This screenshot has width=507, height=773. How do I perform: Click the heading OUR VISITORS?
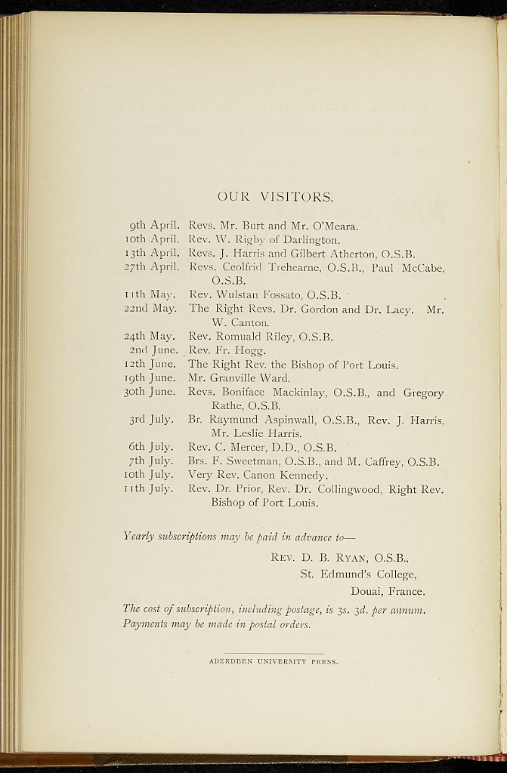[274, 198]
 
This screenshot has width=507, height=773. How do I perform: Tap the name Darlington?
[310, 239]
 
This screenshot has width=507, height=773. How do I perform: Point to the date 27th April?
[153, 266]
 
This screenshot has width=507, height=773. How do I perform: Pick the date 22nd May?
[150, 309]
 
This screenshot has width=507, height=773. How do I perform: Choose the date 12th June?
[150, 365]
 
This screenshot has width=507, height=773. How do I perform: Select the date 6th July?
[152, 447]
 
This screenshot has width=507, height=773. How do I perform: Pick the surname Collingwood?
[350, 489]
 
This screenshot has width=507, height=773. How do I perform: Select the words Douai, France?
[388, 591]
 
